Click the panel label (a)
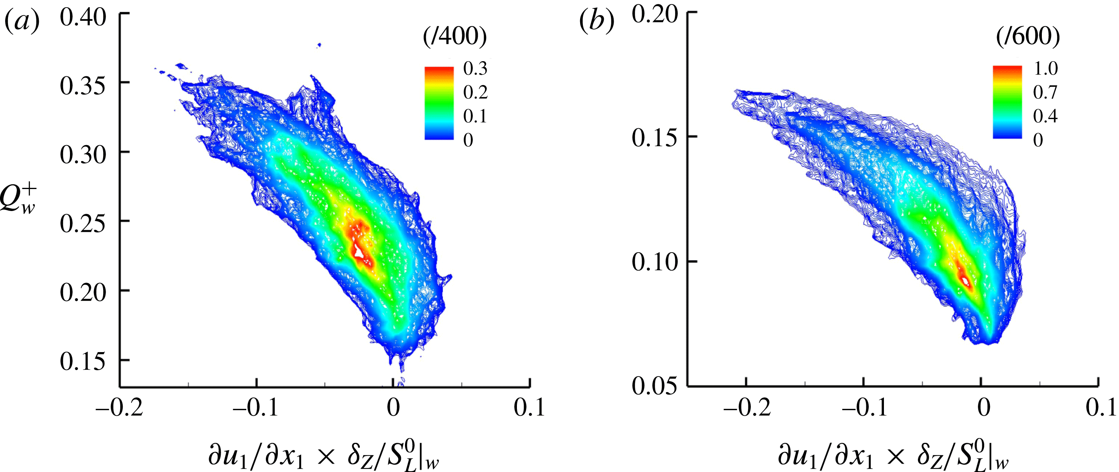22,22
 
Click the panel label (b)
597,21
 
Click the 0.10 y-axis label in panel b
654,262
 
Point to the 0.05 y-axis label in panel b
654,386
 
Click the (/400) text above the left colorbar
455,36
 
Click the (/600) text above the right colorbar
1028,36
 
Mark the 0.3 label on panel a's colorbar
475,69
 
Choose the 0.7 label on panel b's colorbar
1045,92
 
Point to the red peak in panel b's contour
965,281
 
